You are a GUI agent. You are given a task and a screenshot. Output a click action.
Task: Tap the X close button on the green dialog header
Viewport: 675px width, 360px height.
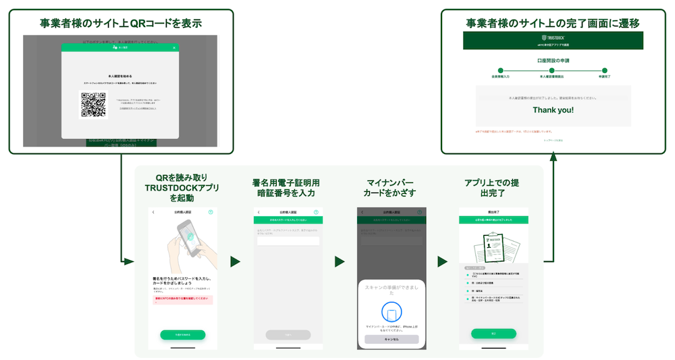click(x=174, y=48)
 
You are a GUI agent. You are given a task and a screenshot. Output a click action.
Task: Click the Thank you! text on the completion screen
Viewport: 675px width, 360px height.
click(x=553, y=109)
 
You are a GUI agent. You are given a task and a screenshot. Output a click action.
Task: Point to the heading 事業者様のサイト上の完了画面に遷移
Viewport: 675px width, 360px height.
click(x=553, y=23)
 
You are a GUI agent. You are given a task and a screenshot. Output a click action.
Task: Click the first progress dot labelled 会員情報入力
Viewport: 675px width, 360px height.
click(x=500, y=70)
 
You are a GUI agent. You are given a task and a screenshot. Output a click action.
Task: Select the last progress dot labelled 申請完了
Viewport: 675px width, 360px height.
click(x=605, y=70)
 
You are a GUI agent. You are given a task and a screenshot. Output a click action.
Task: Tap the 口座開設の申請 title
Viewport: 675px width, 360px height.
click(x=553, y=60)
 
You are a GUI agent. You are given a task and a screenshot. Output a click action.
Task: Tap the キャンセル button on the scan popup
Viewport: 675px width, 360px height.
click(x=391, y=339)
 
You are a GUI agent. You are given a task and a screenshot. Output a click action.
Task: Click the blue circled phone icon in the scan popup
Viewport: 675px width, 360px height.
click(x=391, y=312)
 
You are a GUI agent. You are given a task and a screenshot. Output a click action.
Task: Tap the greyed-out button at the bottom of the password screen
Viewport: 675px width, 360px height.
click(x=288, y=334)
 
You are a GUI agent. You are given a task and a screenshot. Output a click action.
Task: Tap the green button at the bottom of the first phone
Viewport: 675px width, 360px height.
click(x=182, y=334)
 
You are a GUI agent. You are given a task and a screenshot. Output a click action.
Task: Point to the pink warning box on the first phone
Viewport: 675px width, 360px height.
click(x=182, y=299)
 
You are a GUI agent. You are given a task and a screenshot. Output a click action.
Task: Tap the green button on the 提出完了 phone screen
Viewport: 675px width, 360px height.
click(x=493, y=334)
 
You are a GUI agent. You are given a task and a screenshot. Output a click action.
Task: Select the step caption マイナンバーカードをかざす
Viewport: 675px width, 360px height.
click(x=391, y=188)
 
